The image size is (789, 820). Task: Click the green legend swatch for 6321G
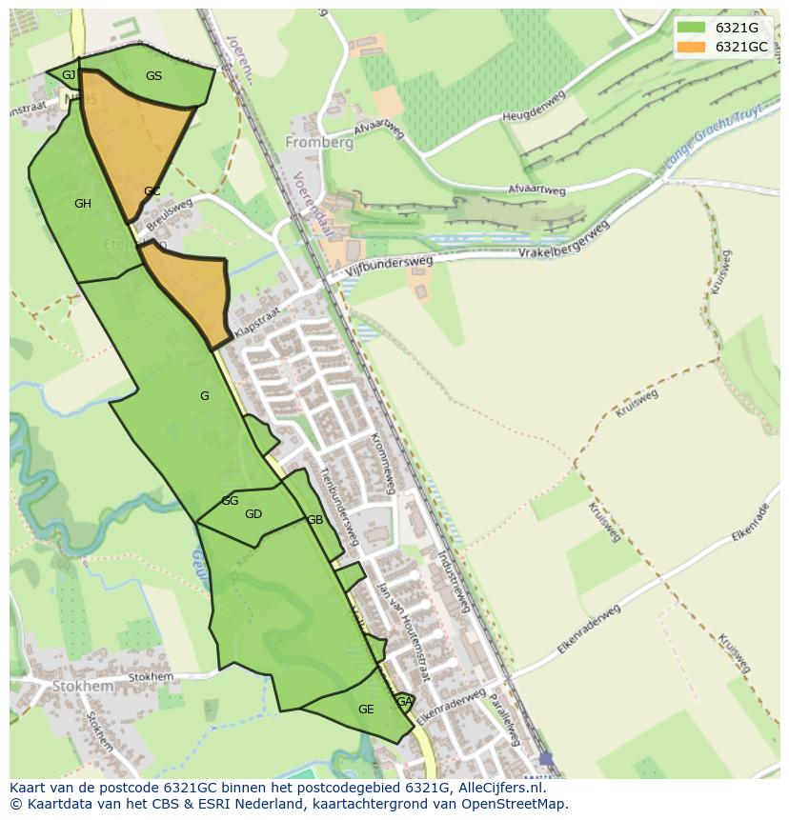pos(692,28)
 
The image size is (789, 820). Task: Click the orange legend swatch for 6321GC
pos(692,47)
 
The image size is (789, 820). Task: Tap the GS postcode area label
pos(153,76)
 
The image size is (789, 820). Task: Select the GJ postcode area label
pos(69,75)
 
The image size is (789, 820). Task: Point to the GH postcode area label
pos(83,204)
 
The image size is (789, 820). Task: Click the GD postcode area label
pos(253,514)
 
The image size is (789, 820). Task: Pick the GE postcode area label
pos(366,710)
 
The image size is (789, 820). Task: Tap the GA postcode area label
pos(404,702)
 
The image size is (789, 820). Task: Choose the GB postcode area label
pos(314,520)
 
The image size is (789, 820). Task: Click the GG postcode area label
pos(230,501)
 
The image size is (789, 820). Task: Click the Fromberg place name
pos(318,143)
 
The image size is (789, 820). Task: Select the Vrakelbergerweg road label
pos(563,243)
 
